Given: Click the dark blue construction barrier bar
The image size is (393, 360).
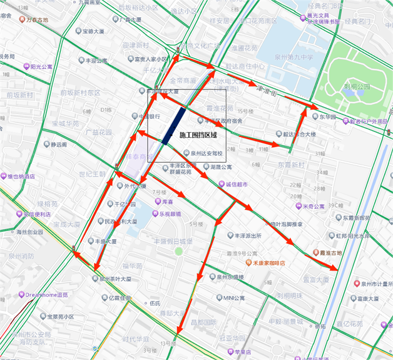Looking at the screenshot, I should [173, 126].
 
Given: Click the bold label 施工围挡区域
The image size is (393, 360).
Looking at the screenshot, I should [198, 135].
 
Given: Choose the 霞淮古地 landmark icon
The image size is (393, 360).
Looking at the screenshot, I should [317, 252].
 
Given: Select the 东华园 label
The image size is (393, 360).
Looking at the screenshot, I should [328, 116].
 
